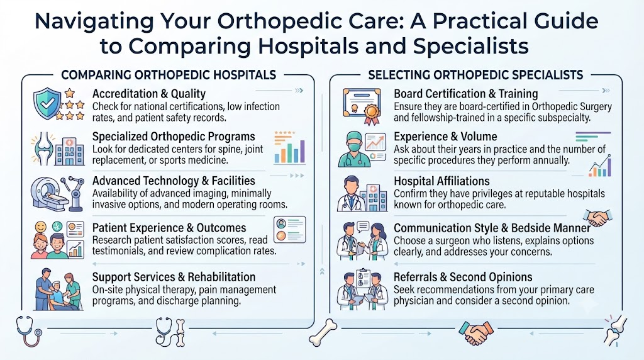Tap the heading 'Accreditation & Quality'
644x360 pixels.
click(148, 94)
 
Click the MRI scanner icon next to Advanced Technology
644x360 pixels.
click(48, 194)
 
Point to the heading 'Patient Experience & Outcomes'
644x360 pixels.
click(169, 228)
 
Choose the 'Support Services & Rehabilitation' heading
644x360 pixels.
click(174, 276)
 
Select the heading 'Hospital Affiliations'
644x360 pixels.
click(441, 181)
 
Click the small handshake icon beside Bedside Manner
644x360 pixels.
click(597, 217)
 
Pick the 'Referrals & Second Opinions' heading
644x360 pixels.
click(463, 276)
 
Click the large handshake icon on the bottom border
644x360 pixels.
click(475, 332)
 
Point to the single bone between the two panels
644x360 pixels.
click(323, 332)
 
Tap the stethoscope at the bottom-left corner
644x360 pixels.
click(29, 331)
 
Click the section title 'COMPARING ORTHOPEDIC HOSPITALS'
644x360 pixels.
click(169, 75)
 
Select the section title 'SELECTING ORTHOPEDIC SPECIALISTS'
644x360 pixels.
click(475, 75)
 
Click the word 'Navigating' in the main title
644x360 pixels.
click(94, 22)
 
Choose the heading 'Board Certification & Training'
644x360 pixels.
click(466, 94)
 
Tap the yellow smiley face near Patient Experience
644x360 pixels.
click(41, 227)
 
